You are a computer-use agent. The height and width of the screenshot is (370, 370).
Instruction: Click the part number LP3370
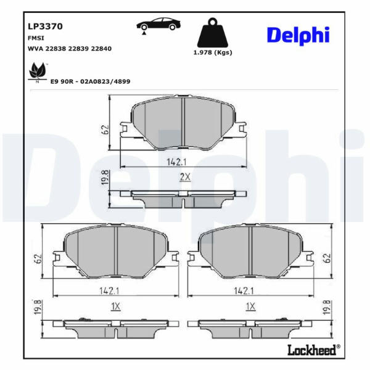tap(45, 26)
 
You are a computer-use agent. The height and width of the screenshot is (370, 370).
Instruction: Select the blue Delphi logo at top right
tap(298, 36)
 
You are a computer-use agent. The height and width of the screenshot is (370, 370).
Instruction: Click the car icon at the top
tap(158, 25)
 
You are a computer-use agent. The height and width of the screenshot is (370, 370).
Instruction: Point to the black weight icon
tap(213, 33)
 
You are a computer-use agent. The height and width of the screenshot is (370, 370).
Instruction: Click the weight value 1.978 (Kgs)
tap(213, 52)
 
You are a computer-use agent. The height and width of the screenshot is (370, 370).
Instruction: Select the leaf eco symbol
tap(37, 72)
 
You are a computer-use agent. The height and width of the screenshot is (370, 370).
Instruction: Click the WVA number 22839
tap(78, 49)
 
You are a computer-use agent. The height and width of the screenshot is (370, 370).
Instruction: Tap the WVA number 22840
tap(101, 49)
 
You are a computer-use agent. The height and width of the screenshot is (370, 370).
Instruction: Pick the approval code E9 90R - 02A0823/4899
tap(91, 81)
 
